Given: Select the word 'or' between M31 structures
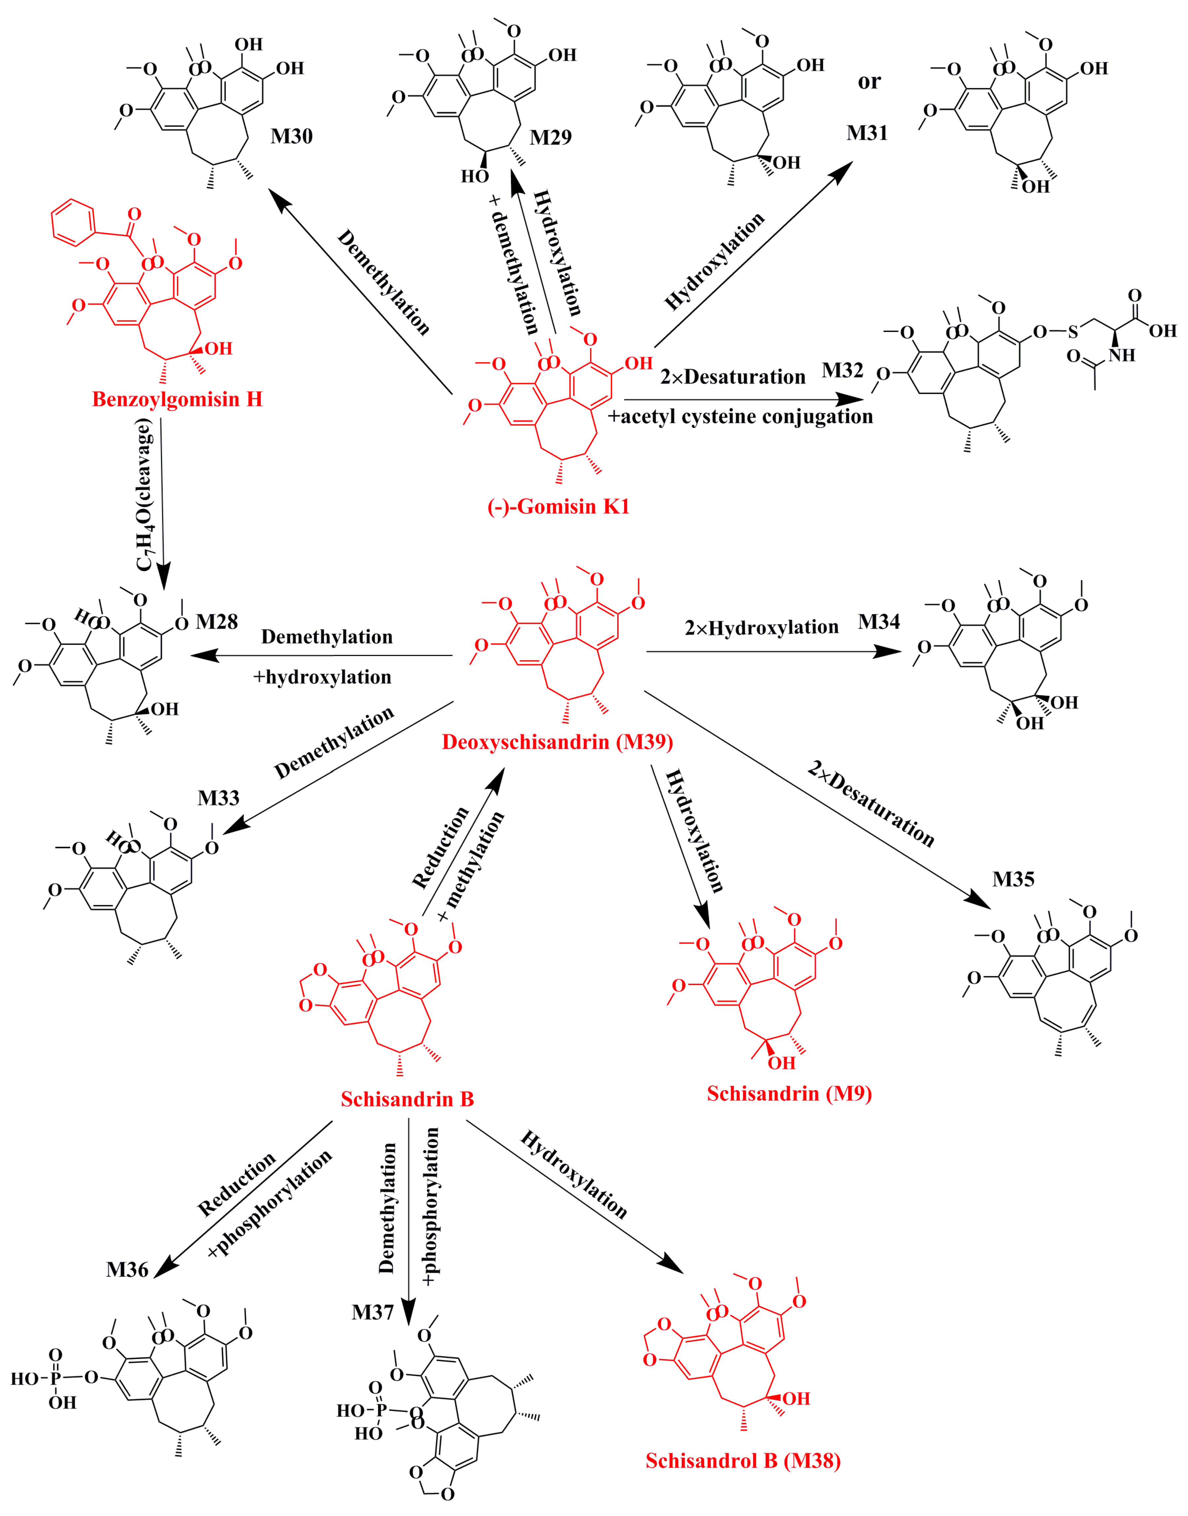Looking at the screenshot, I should coord(869,82).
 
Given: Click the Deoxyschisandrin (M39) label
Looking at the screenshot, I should coord(557,742).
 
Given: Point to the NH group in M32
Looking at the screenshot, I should coord(1121,355).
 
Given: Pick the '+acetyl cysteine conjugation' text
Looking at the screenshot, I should coord(740,417).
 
